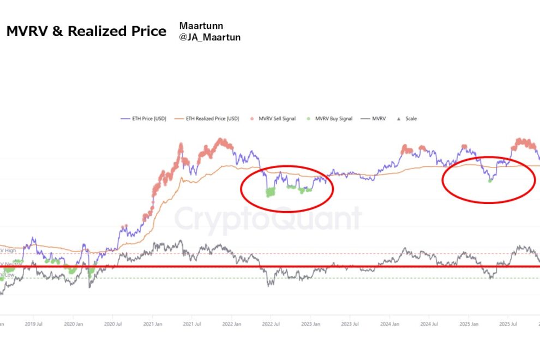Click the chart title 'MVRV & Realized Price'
pyautogui.click(x=86, y=32)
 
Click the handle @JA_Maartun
pyautogui.click(x=209, y=38)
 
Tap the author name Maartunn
pyautogui.click(x=201, y=26)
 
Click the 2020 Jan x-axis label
pyautogui.click(x=73, y=323)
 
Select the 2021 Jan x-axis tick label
pyautogui.click(x=152, y=323)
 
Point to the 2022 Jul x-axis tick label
pyautogui.click(x=271, y=323)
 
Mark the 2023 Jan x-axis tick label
pyautogui.click(x=310, y=323)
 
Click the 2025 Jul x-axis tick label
pyautogui.click(x=508, y=323)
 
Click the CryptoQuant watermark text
pyautogui.click(x=267, y=219)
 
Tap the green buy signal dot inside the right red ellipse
pyautogui.click(x=490, y=180)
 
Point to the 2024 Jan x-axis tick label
pyautogui.click(x=389, y=323)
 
